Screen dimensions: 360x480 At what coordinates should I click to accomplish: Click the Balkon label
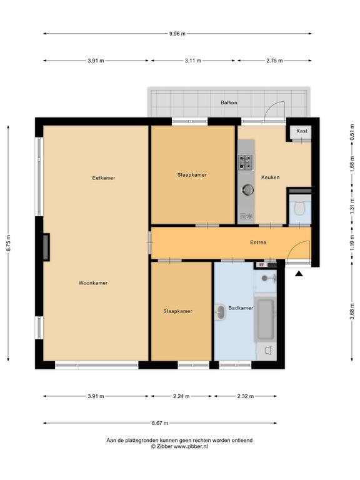[229, 102]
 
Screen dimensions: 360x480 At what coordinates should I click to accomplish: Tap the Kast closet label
[301, 131]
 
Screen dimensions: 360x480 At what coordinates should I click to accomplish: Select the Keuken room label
[270, 177]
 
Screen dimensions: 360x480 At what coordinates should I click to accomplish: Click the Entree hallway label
[258, 242]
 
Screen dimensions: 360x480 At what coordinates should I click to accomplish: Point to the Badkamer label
[241, 308]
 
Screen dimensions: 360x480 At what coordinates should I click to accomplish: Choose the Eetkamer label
[104, 178]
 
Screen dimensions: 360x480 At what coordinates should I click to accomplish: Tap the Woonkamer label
[93, 283]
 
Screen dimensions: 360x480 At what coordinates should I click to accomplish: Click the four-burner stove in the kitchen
[246, 162]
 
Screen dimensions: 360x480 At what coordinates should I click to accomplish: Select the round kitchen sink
[247, 190]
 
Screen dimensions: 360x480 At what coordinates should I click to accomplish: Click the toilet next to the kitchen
[300, 209]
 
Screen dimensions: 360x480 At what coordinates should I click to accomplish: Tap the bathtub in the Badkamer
[266, 319]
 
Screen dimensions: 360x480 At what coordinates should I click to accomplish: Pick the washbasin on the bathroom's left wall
[220, 312]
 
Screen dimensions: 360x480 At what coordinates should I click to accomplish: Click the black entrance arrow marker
[299, 274]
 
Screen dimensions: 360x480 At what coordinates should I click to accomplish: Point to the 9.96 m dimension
[177, 34]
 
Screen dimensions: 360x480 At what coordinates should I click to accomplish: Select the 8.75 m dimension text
[9, 243]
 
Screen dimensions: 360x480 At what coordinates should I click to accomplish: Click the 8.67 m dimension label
[160, 423]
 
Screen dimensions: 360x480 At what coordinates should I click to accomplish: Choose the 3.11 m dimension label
[193, 61]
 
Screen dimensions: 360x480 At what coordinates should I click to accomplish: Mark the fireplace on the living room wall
[46, 247]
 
